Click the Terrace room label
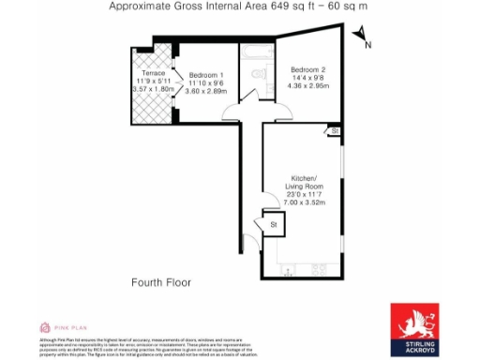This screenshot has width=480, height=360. (x=153, y=72)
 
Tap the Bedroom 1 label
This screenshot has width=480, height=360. (x=206, y=75)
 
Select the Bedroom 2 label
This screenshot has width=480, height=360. (x=307, y=69)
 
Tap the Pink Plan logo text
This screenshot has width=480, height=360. (x=68, y=326)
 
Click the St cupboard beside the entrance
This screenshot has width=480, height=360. (x=274, y=225)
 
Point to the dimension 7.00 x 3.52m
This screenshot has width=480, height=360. (x=303, y=202)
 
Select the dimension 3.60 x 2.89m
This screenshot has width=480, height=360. (x=206, y=92)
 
